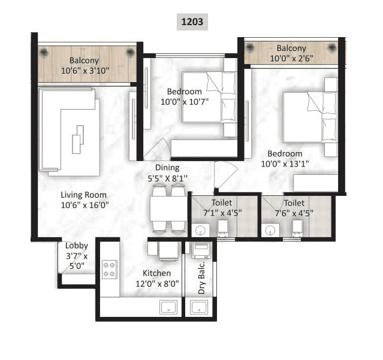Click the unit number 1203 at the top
(x=192, y=23)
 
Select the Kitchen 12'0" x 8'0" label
(x=157, y=279)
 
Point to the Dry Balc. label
(x=202, y=277)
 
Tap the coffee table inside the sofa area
(x=77, y=140)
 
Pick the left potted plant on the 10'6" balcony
(x=44, y=52)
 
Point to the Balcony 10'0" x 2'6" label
(x=291, y=53)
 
